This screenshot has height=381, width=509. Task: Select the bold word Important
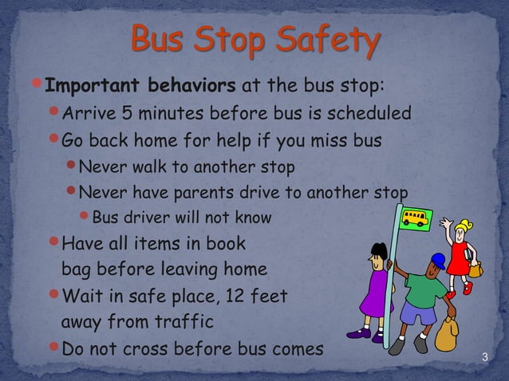(90, 85)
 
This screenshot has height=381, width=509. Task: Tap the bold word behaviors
(189, 85)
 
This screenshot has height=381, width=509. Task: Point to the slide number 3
(482, 350)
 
